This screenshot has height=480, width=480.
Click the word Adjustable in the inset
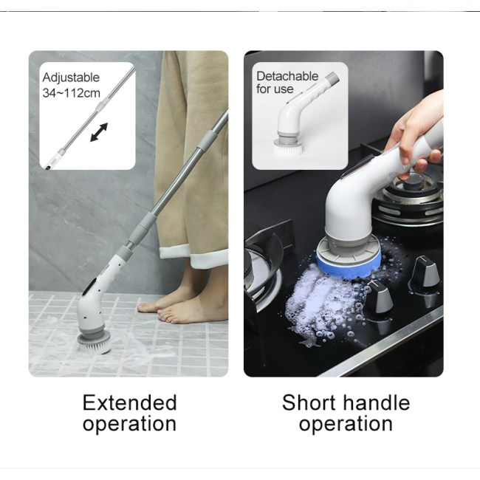tap(71, 78)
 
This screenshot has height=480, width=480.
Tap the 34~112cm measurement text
tap(71, 93)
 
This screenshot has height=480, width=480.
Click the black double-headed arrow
tap(99, 133)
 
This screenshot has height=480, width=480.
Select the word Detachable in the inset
tap(287, 76)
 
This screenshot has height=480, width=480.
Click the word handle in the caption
tap(377, 402)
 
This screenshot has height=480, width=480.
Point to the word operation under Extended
tap(129, 425)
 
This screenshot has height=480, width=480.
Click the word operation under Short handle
tap(346, 425)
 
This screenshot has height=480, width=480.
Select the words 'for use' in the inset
tap(275, 89)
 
